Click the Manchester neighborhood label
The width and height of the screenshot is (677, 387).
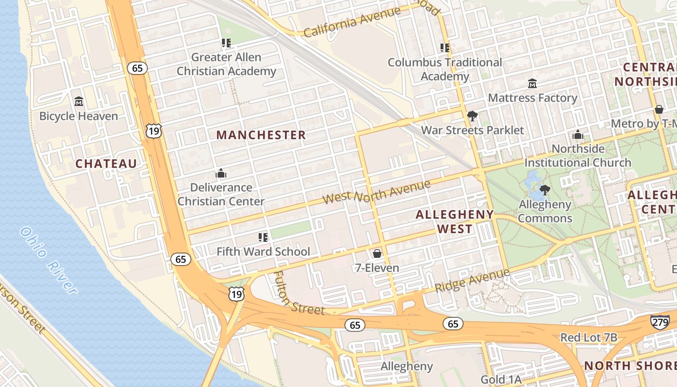point(261,135)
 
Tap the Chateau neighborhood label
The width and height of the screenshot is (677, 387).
point(106,164)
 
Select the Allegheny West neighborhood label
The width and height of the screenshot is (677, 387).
point(455,221)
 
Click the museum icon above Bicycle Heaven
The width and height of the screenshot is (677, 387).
point(79,102)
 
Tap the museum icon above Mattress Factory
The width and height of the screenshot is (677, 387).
point(532,84)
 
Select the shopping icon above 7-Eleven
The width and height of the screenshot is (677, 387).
point(377,253)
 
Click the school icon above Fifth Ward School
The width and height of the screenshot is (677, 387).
point(263,237)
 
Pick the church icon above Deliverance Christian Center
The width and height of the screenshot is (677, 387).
point(221,173)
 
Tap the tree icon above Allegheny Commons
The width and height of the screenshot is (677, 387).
point(545,190)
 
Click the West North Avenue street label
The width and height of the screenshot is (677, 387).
point(376,192)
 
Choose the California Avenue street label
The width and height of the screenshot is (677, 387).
point(352,22)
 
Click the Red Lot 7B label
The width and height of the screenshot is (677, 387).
point(589,337)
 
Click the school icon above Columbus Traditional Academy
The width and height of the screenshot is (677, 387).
point(445,48)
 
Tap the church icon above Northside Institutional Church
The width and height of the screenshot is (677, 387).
point(578,134)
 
